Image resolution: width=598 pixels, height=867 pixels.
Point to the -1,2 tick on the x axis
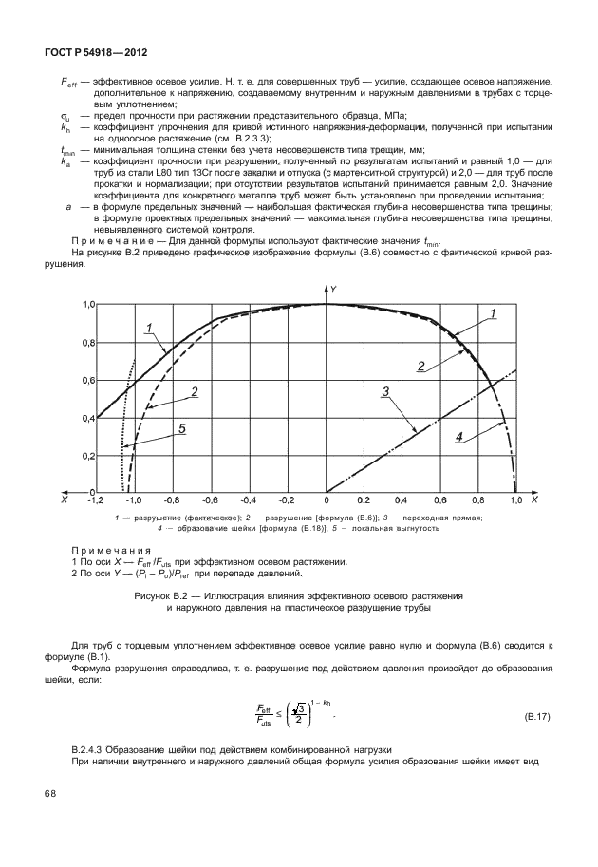(96, 499)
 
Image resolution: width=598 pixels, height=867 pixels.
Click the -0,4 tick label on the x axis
(247, 499)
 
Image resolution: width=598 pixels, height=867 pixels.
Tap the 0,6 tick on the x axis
(440, 499)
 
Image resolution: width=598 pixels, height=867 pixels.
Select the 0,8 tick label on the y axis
(86, 342)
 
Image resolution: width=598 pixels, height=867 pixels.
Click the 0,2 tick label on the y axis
(86, 455)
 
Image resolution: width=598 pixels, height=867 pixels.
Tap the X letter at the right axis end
(534, 499)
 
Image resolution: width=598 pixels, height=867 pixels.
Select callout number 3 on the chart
(385, 390)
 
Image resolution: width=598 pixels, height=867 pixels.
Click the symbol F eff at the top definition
(63, 85)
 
